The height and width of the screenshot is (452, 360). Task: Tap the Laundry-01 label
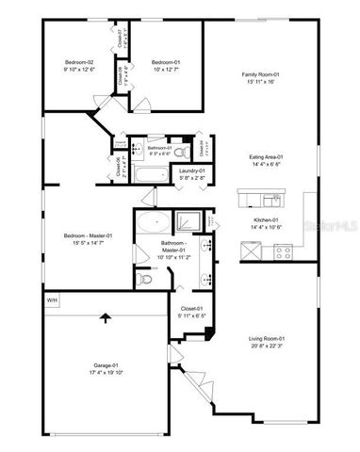pos(193,169)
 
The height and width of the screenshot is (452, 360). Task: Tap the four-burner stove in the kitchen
pos(284,251)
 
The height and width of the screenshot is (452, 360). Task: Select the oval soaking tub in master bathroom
pos(153,224)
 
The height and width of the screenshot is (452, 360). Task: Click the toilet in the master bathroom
pos(144,279)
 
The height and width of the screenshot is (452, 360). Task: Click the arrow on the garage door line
pos(103,319)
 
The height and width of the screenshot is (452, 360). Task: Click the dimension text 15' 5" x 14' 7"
pos(88,242)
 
